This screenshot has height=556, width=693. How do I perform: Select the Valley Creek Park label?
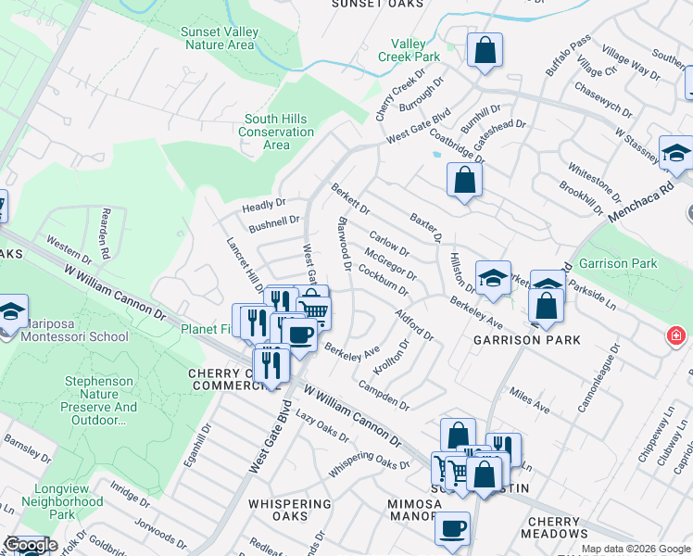tap(409, 50)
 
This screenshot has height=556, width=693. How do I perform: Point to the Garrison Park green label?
tap(617, 263)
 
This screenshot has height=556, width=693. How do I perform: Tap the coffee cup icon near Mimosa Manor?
tap(452, 528)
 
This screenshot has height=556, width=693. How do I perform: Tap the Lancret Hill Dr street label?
tap(246, 265)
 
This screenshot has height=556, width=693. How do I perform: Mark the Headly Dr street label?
tap(264, 205)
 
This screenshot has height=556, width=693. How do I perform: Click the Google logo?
tap(31, 545)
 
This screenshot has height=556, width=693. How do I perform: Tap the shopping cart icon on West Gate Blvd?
tap(314, 309)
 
